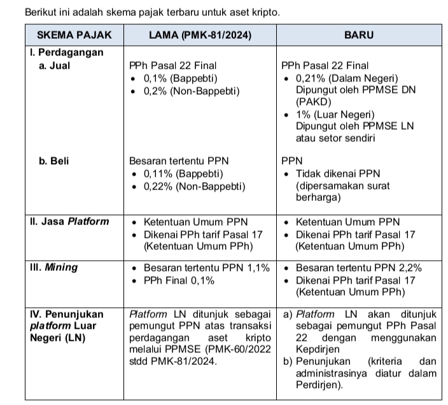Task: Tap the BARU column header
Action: tap(359, 36)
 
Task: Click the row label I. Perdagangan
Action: tap(67, 53)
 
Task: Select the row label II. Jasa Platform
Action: tap(69, 222)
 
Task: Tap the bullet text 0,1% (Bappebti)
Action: tap(181, 78)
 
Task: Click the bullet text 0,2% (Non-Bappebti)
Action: tap(191, 91)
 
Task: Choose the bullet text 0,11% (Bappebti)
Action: tap(183, 174)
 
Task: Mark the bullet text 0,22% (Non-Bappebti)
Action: tap(193, 186)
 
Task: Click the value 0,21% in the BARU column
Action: tap(311, 78)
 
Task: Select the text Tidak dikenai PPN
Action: tap(338, 174)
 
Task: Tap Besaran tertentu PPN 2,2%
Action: tap(358, 268)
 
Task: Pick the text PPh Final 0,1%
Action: tap(179, 280)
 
